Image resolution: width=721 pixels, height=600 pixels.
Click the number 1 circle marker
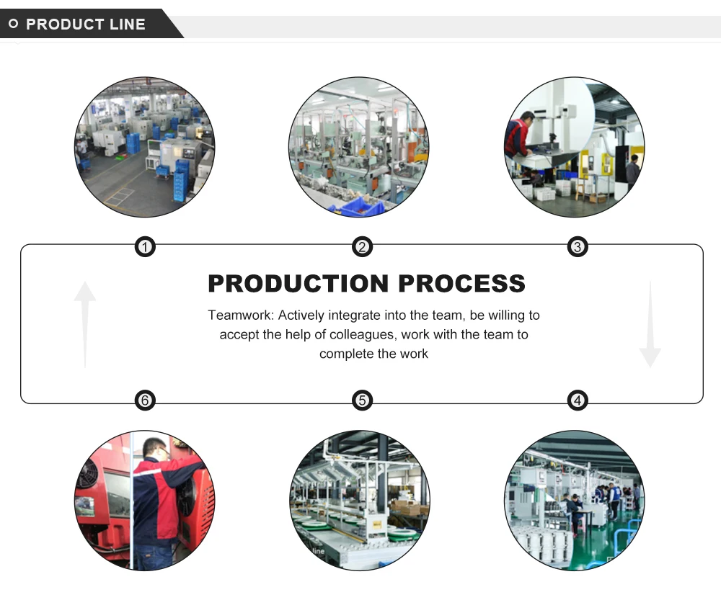coord(146,248)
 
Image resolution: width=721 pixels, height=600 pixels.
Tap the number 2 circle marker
coord(362,248)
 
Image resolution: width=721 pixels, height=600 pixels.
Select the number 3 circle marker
coord(578,248)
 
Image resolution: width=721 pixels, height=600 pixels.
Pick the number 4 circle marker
coord(578,400)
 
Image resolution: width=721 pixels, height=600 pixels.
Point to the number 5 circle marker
coord(362,400)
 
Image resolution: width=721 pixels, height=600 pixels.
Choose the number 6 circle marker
coord(146,400)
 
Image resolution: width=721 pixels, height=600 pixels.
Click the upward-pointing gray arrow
coord(85,323)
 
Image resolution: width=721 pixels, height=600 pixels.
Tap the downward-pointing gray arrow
coord(650,324)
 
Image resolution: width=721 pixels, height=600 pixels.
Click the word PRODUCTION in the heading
coord(298,283)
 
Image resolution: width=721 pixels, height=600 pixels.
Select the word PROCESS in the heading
coord(461,283)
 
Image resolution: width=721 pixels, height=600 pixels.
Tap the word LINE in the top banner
coord(128,24)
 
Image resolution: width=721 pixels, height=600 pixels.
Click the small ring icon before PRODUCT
coord(13,24)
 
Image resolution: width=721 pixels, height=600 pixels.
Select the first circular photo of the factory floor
coord(145,148)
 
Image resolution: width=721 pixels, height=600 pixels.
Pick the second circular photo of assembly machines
coord(358,148)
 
